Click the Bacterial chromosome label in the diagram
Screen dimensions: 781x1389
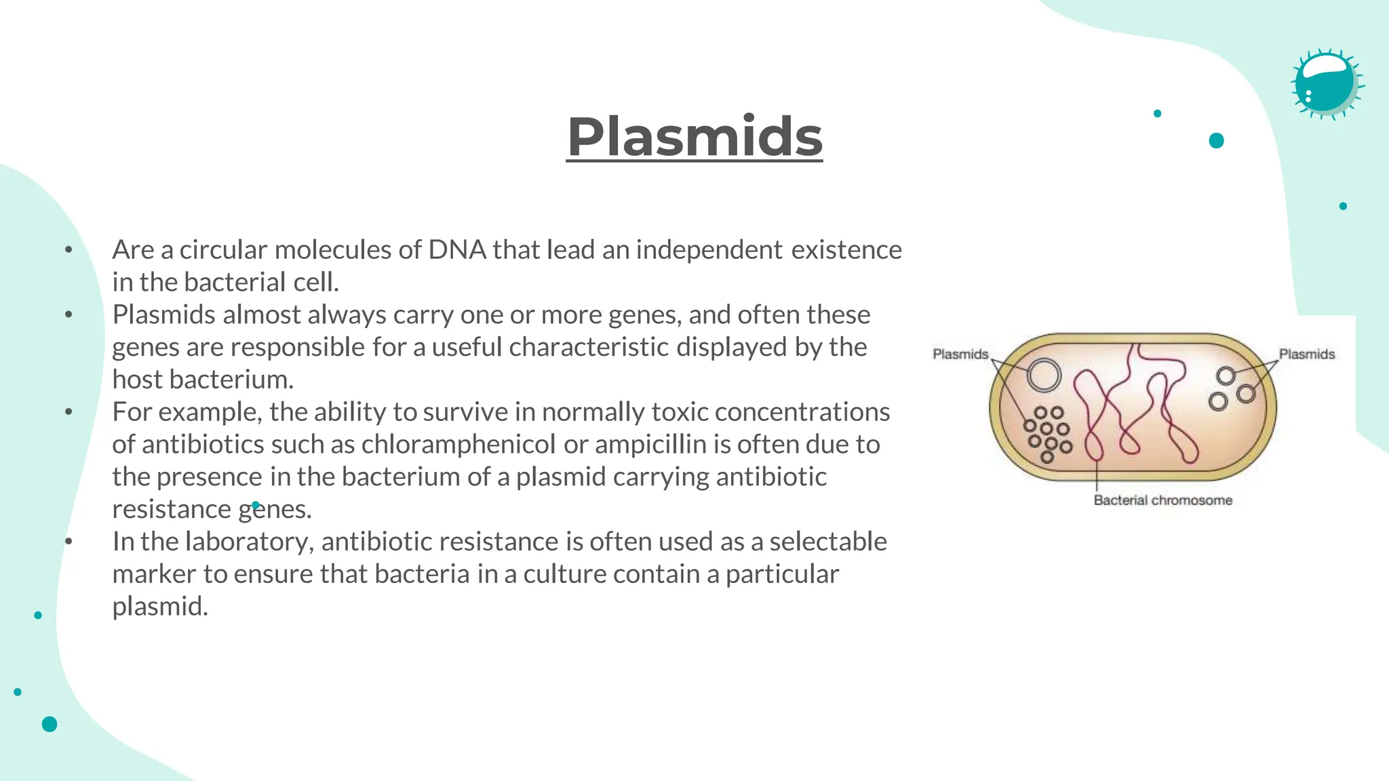[1162, 500]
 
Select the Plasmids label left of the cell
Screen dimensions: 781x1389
[960, 354]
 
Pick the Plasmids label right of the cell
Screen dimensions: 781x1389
[1306, 354]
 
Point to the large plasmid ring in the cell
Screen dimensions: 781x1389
[1044, 375]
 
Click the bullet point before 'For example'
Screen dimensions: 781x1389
[69, 412]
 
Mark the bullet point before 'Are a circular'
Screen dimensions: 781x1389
[69, 250]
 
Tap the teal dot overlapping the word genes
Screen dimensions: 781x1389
[256, 505]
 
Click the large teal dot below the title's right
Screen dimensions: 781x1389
[1216, 141]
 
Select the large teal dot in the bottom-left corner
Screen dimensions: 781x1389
[50, 724]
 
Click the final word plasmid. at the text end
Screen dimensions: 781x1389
[160, 607]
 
